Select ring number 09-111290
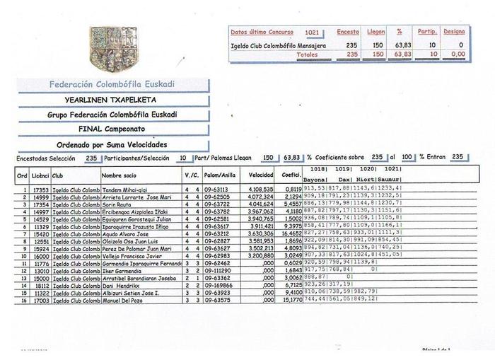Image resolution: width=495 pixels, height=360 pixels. tap(219, 270)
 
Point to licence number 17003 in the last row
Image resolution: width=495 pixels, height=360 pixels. tap(41, 300)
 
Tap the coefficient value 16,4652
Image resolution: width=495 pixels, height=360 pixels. tap(293, 233)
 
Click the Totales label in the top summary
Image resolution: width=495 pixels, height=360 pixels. tap(306, 54)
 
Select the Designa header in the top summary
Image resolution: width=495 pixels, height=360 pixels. tap(453, 32)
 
